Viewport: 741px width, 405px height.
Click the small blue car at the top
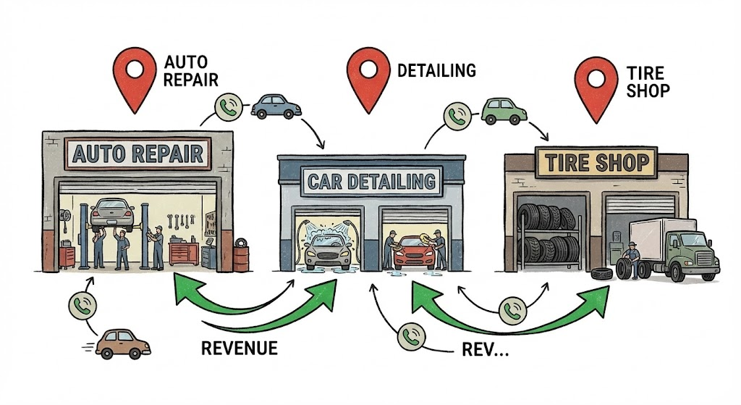276,106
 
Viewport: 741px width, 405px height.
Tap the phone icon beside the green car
457,115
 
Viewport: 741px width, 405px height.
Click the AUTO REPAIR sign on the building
137,154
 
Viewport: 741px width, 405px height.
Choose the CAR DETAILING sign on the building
371,180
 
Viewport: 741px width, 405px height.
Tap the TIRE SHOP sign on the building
593,162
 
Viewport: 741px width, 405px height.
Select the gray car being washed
326,252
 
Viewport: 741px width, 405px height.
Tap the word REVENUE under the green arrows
239,348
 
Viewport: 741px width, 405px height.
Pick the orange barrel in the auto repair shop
240,257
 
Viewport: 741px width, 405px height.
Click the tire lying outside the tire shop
600,275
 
